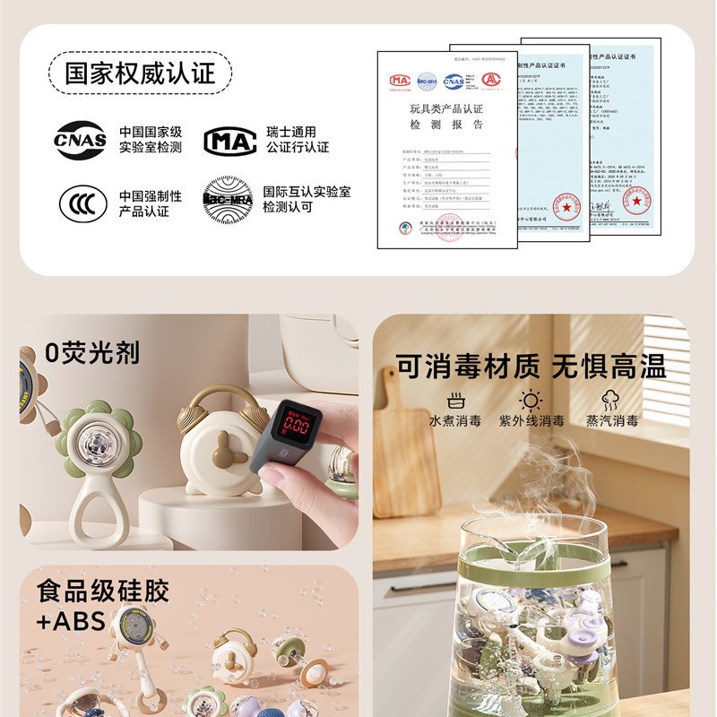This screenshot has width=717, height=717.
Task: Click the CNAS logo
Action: [81, 140]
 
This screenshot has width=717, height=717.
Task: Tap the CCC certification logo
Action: [82, 203]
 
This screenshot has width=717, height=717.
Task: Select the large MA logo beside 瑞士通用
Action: [229, 141]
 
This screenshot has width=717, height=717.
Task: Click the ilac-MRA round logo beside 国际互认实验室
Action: [227, 199]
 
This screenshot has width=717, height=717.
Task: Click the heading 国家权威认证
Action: [141, 73]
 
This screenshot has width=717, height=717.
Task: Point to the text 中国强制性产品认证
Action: [150, 203]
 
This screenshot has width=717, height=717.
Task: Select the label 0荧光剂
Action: [93, 352]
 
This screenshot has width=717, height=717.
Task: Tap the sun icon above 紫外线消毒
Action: [531, 400]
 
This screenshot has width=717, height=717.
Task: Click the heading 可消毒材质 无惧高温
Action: [531, 366]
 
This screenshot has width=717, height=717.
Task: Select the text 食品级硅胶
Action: [103, 591]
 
